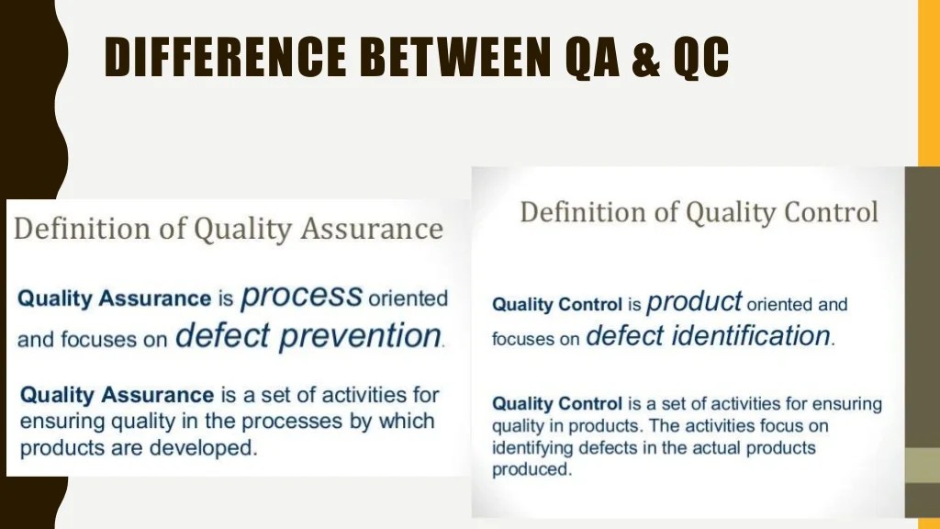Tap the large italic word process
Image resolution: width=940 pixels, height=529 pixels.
click(302, 297)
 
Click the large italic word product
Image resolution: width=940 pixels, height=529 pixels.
click(694, 301)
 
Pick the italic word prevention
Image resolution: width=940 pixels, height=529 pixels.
click(360, 336)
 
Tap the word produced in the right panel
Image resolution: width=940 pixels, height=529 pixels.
click(531, 468)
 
